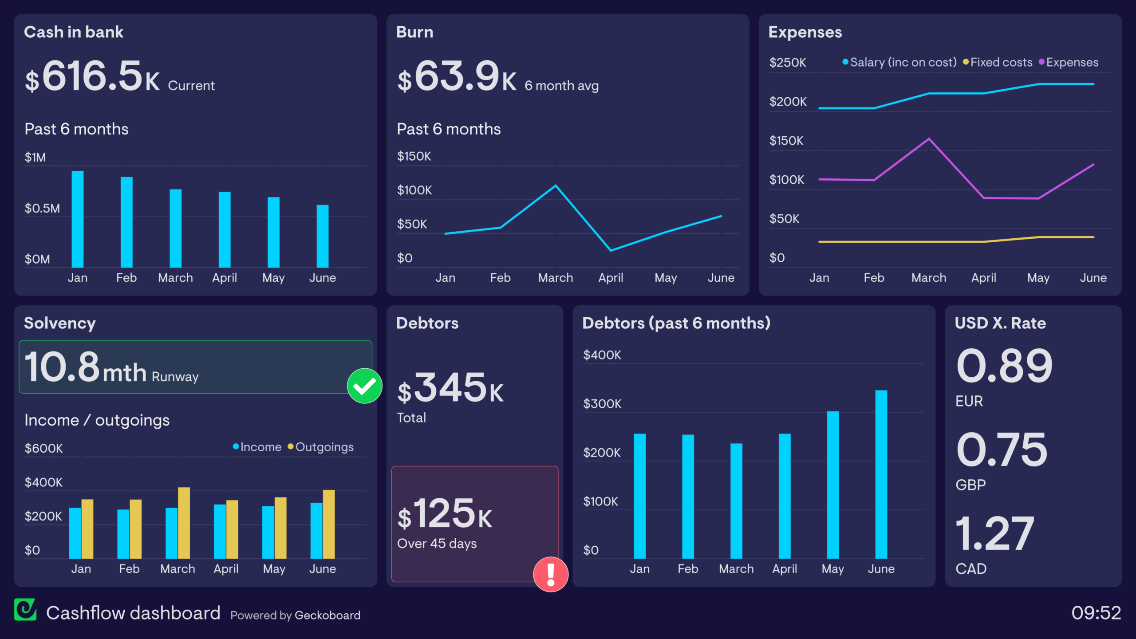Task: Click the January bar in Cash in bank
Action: click(78, 219)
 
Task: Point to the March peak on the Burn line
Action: click(556, 186)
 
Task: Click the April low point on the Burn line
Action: click(611, 250)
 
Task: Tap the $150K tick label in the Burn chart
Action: click(414, 156)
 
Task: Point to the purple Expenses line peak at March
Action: click(929, 139)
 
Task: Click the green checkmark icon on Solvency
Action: click(365, 386)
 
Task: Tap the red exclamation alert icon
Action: click(551, 574)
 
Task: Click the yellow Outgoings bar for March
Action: click(184, 523)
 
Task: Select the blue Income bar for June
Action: click(316, 530)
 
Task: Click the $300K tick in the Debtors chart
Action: click(602, 404)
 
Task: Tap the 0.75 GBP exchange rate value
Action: click(1002, 450)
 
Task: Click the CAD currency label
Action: click(971, 568)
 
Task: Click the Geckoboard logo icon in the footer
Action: click(25, 610)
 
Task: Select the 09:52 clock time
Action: click(1096, 613)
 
